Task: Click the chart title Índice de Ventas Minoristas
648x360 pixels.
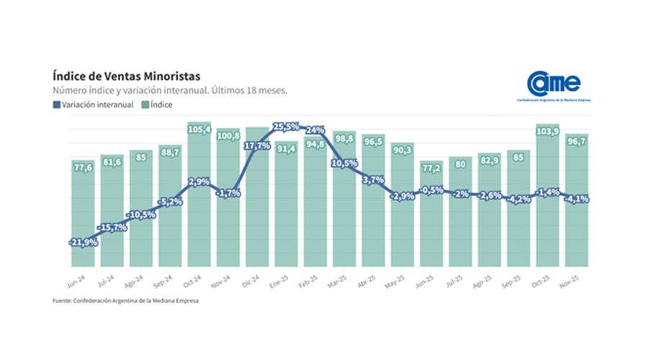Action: (x=126, y=76)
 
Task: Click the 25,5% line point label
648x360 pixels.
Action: (x=286, y=127)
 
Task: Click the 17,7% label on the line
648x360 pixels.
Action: (x=257, y=145)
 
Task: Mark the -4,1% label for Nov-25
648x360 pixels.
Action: (x=577, y=199)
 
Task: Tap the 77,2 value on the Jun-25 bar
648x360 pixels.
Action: (x=432, y=167)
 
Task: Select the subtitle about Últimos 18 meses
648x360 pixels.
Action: (x=170, y=91)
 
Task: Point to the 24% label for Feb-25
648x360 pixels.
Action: (x=315, y=130)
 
